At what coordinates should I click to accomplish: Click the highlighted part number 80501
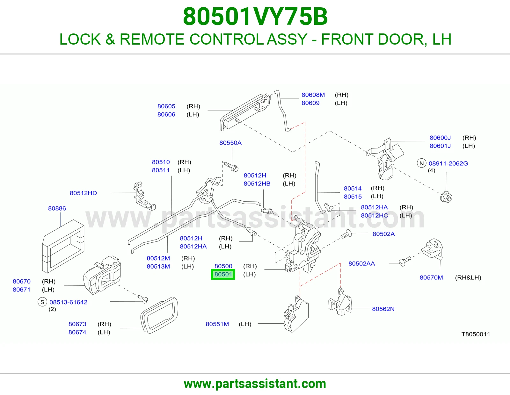(223, 274)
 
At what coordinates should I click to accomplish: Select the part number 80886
(57, 208)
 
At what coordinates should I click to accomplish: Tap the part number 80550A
(230, 143)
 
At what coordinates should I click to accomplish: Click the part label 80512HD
(83, 193)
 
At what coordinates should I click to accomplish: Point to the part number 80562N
(383, 309)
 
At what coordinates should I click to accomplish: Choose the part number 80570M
(431, 277)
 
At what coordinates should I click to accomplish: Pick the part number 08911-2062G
(448, 163)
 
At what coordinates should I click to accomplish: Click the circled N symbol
(421, 163)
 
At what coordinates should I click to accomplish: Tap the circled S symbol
(42, 302)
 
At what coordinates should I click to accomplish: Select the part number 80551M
(217, 324)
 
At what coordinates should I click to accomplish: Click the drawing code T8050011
(476, 334)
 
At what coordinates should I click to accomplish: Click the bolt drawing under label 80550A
(231, 167)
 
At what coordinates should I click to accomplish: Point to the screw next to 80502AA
(405, 261)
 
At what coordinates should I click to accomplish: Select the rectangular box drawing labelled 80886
(63, 246)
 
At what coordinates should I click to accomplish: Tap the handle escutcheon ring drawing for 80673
(159, 315)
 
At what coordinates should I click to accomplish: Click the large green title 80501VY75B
(255, 17)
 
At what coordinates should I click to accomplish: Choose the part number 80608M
(313, 95)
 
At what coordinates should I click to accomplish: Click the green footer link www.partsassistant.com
(255, 384)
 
